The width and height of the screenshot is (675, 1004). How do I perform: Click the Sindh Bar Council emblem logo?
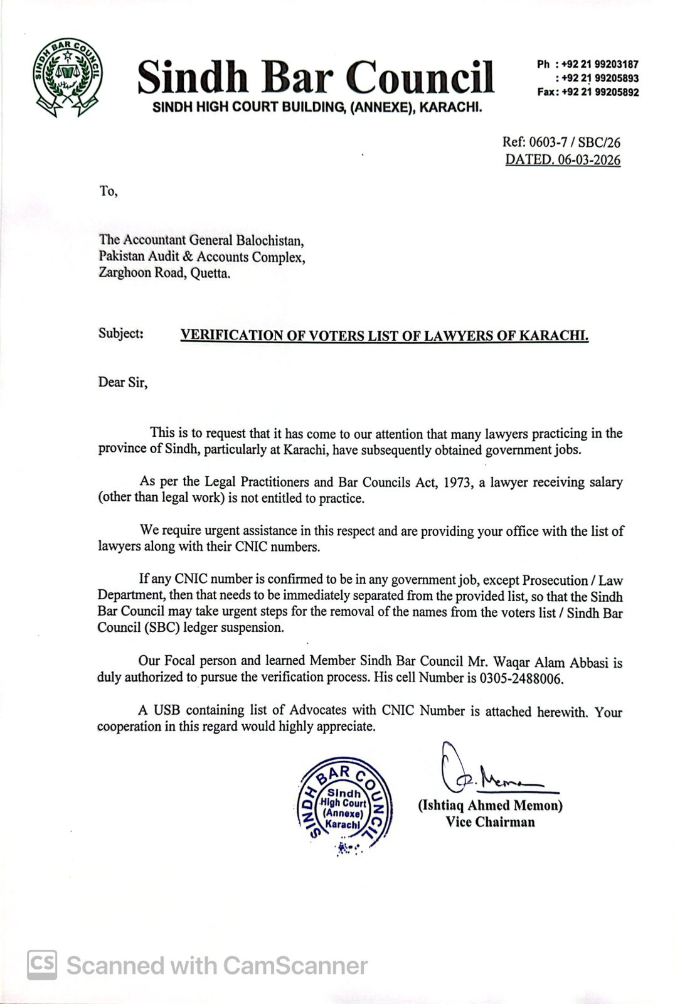[69, 77]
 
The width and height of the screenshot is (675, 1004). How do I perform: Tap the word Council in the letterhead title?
[420, 78]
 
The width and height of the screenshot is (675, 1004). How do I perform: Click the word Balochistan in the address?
[270, 240]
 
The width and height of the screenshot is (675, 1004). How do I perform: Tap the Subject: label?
[121, 333]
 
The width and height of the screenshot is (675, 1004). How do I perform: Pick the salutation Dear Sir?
[122, 383]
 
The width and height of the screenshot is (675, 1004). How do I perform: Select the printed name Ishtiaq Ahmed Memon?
[490, 806]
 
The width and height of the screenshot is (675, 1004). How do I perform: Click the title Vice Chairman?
[490, 822]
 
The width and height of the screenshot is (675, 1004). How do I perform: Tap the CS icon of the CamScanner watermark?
[42, 964]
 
